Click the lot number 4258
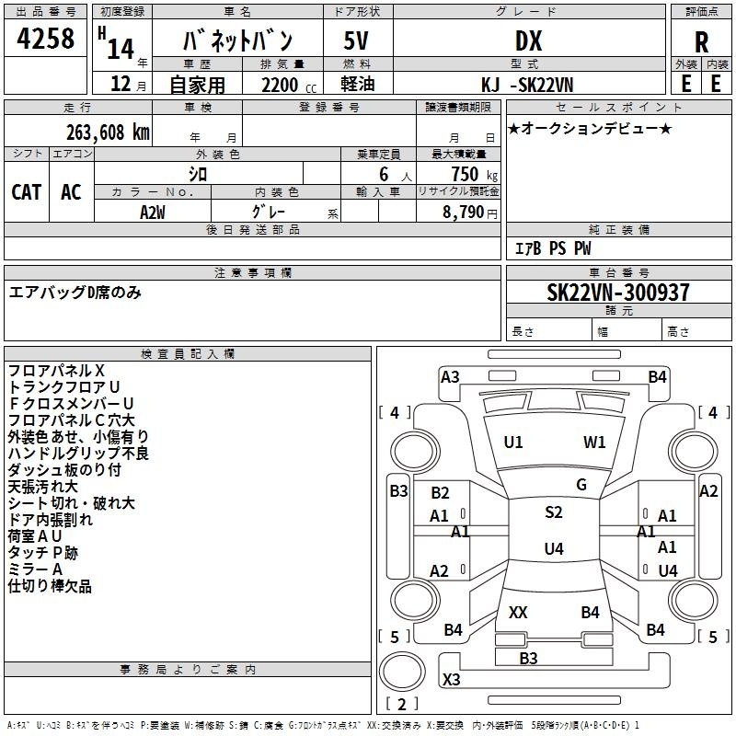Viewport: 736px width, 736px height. point(45,38)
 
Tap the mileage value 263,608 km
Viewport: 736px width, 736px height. point(108,132)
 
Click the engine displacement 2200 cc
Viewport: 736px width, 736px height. point(289,85)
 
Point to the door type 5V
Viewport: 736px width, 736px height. point(356,40)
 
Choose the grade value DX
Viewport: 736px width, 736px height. point(528,41)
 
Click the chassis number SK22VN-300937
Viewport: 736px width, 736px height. point(618,292)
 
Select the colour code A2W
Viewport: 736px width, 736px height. point(152,213)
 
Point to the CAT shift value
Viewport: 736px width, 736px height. point(27,192)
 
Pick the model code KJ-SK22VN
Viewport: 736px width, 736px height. point(527,85)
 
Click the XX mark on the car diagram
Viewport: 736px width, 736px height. point(518,612)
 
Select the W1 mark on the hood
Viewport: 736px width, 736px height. point(594,442)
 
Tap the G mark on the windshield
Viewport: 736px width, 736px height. point(581,484)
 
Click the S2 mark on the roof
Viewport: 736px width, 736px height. point(554,512)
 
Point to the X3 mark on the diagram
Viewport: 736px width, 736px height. point(451,679)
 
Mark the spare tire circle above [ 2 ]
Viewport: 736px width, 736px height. point(402,671)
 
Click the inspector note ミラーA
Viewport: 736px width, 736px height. point(35,569)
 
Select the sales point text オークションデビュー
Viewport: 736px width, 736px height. point(590,128)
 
